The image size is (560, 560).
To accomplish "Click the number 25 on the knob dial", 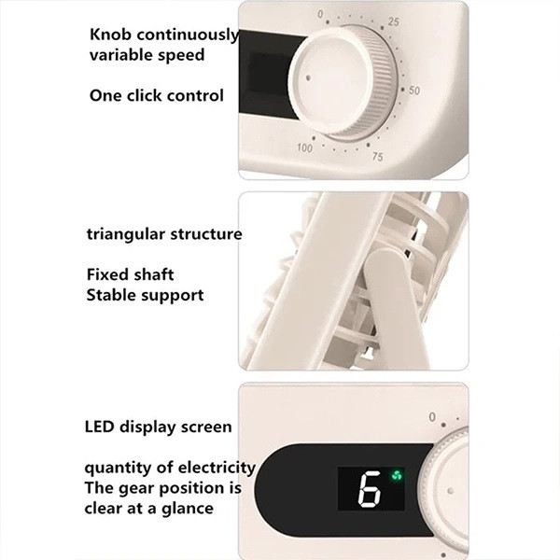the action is (393, 21).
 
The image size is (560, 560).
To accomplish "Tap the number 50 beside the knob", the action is (413, 91).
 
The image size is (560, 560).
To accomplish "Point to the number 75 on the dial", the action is (377, 157).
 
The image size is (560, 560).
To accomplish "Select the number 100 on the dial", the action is (304, 147).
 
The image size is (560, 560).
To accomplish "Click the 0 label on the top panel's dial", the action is (320, 14).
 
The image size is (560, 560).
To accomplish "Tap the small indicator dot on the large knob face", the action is (308, 77).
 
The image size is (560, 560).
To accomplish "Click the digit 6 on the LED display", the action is (370, 489).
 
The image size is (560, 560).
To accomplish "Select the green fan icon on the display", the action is (397, 475).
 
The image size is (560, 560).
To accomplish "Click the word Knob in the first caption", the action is (111, 35).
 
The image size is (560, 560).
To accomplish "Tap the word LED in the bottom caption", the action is (100, 427).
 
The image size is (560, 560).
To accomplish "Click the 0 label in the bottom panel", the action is (432, 417).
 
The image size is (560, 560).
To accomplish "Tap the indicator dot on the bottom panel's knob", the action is (451, 491).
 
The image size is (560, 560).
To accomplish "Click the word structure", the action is (206, 234).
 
